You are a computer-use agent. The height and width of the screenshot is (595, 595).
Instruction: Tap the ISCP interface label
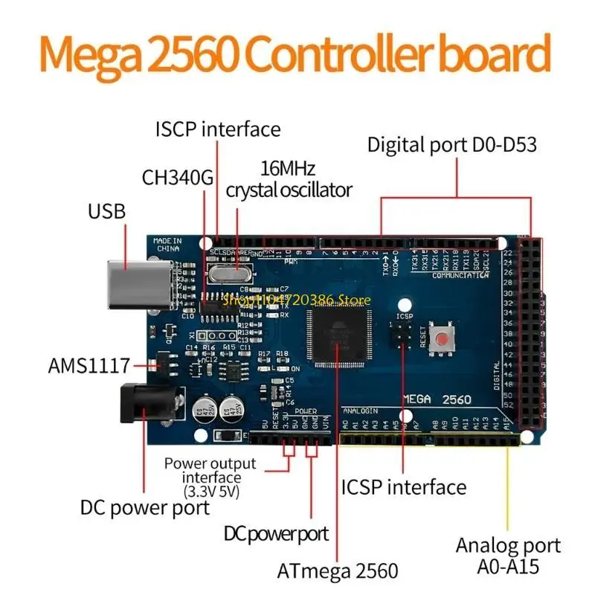point(218,129)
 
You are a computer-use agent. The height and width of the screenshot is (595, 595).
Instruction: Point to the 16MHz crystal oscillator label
point(288,179)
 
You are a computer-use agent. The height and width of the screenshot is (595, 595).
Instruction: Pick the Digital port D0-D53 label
point(451,144)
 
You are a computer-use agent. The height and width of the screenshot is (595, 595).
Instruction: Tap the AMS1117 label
point(89,365)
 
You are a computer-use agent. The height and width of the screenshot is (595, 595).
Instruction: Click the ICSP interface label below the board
point(404,487)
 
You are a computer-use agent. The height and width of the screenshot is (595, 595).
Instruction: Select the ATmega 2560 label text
point(338,570)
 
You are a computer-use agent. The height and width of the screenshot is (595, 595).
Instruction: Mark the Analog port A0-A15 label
point(497,555)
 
